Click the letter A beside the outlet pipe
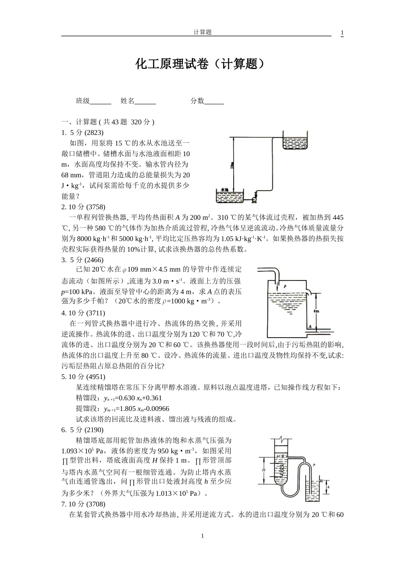point(310,327)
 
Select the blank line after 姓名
point(145,101)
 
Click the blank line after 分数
point(214,101)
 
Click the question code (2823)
point(94,133)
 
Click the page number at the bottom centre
point(202,536)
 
